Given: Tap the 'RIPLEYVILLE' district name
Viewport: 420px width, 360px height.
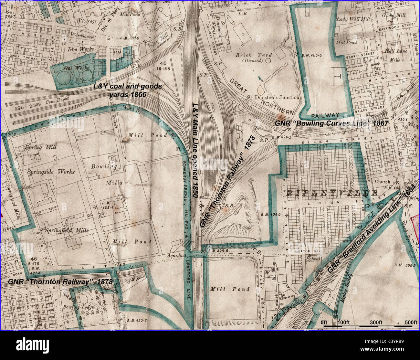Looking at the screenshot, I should (333, 193).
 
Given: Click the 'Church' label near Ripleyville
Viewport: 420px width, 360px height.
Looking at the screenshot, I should (382, 181).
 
